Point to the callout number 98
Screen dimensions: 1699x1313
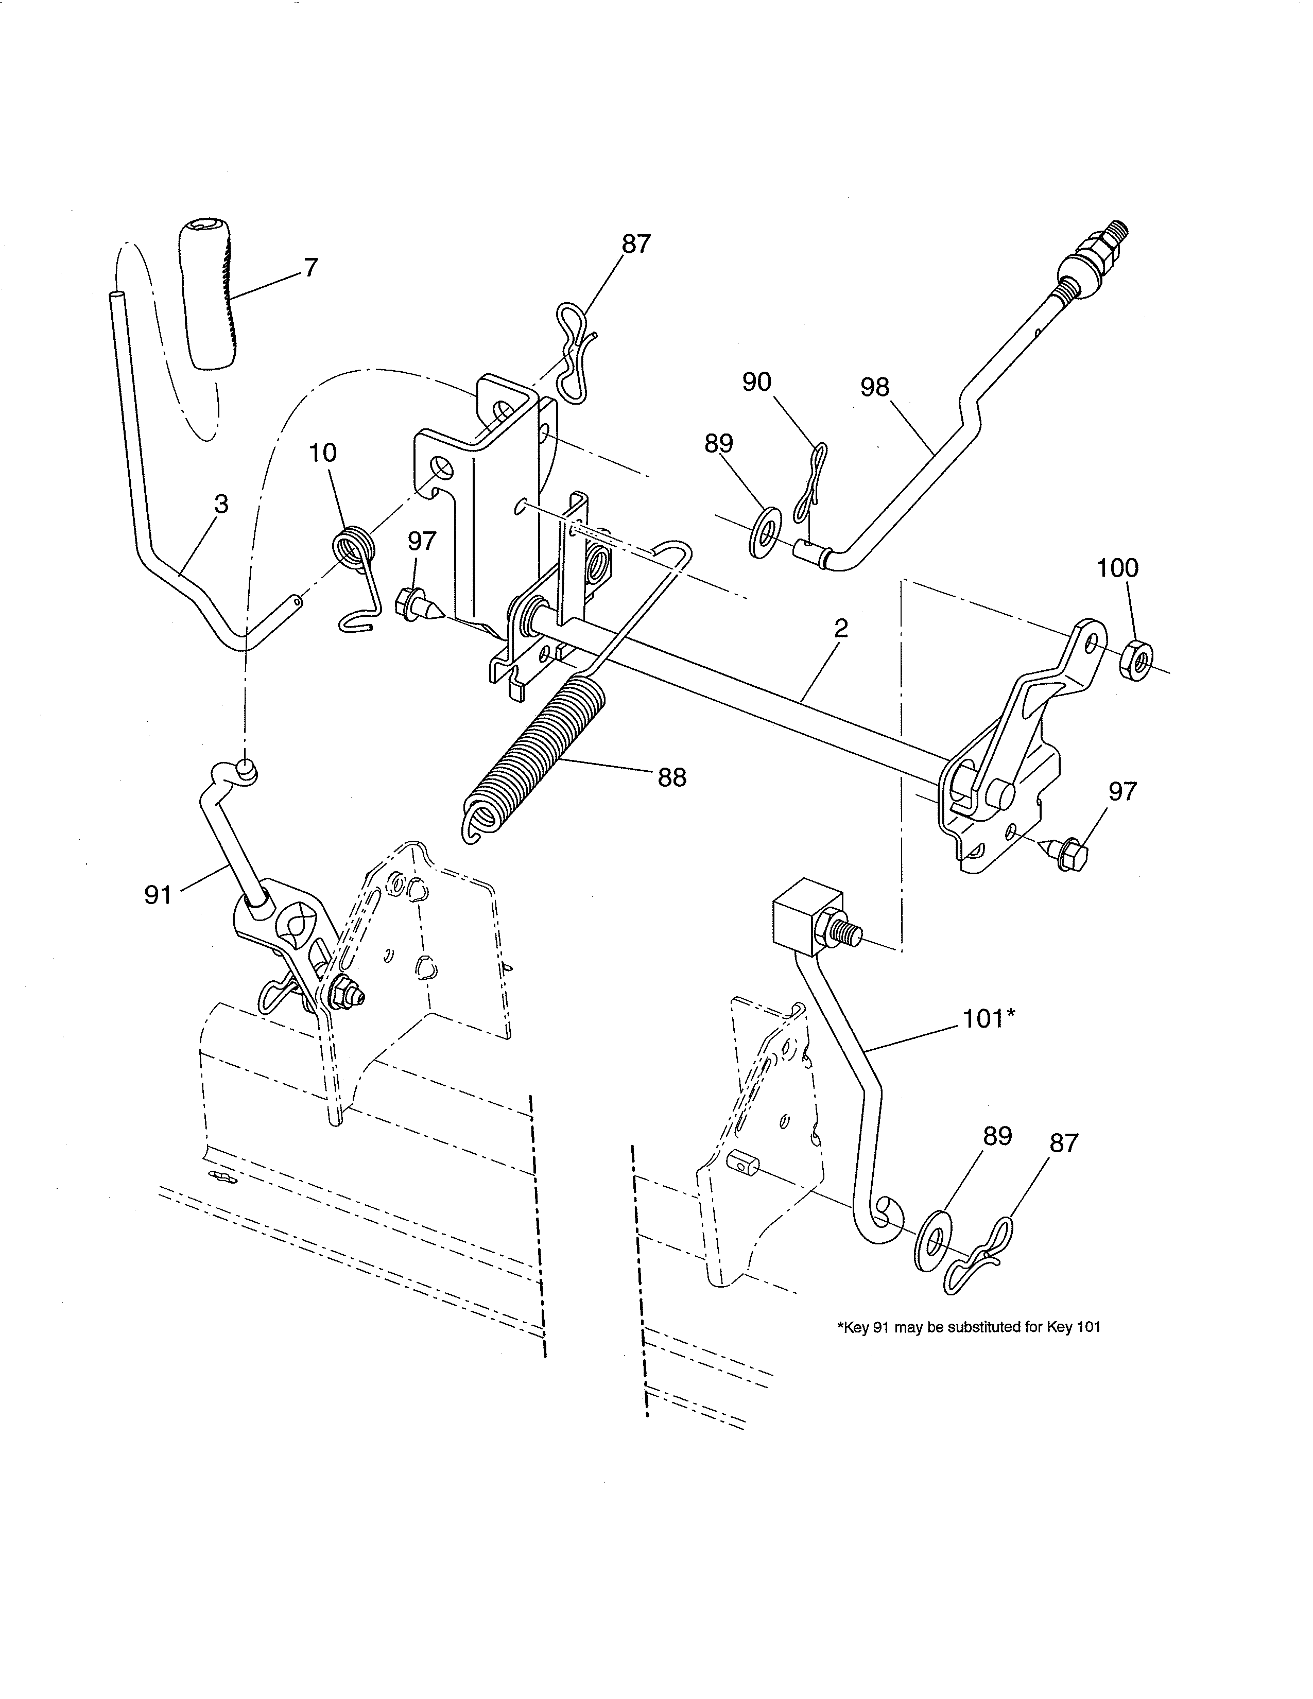[874, 387]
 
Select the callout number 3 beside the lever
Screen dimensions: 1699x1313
[221, 504]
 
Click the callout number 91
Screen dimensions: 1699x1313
[158, 895]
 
